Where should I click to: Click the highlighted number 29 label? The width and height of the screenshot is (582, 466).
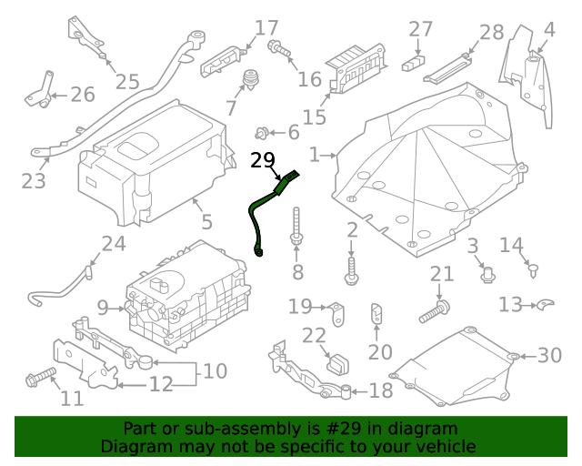262,161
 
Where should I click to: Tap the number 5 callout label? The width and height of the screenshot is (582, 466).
206,222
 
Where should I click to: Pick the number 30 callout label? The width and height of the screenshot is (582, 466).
550,356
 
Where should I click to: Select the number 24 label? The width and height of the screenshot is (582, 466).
113,243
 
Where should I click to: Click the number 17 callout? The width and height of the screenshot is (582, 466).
266,27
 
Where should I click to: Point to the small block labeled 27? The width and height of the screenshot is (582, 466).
415,64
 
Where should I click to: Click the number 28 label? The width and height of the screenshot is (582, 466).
491,33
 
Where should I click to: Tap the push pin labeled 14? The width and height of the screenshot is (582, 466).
534,268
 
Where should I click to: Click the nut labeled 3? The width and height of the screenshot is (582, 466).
486,271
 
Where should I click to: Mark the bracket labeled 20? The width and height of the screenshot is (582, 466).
376,314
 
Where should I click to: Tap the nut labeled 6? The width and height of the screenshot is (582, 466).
262,133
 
